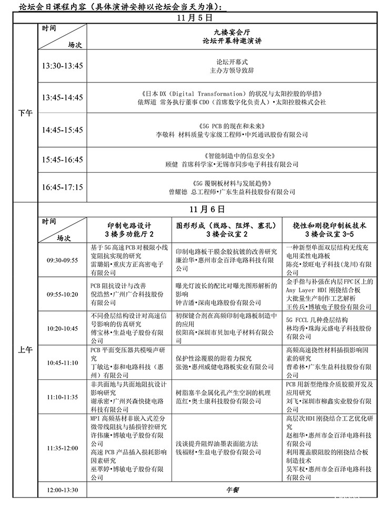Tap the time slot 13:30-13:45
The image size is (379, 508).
(x=62, y=66)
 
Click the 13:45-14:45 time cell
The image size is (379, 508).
(x=62, y=98)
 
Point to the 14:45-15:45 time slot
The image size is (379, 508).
(x=62, y=129)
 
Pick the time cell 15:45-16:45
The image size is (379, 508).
(x=62, y=160)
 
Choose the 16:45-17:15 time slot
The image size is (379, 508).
(x=62, y=188)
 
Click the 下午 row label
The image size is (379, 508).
(x=25, y=113)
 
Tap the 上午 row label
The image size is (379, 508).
(x=25, y=351)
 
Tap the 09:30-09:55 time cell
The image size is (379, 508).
(x=62, y=260)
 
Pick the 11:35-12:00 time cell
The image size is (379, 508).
(x=62, y=448)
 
